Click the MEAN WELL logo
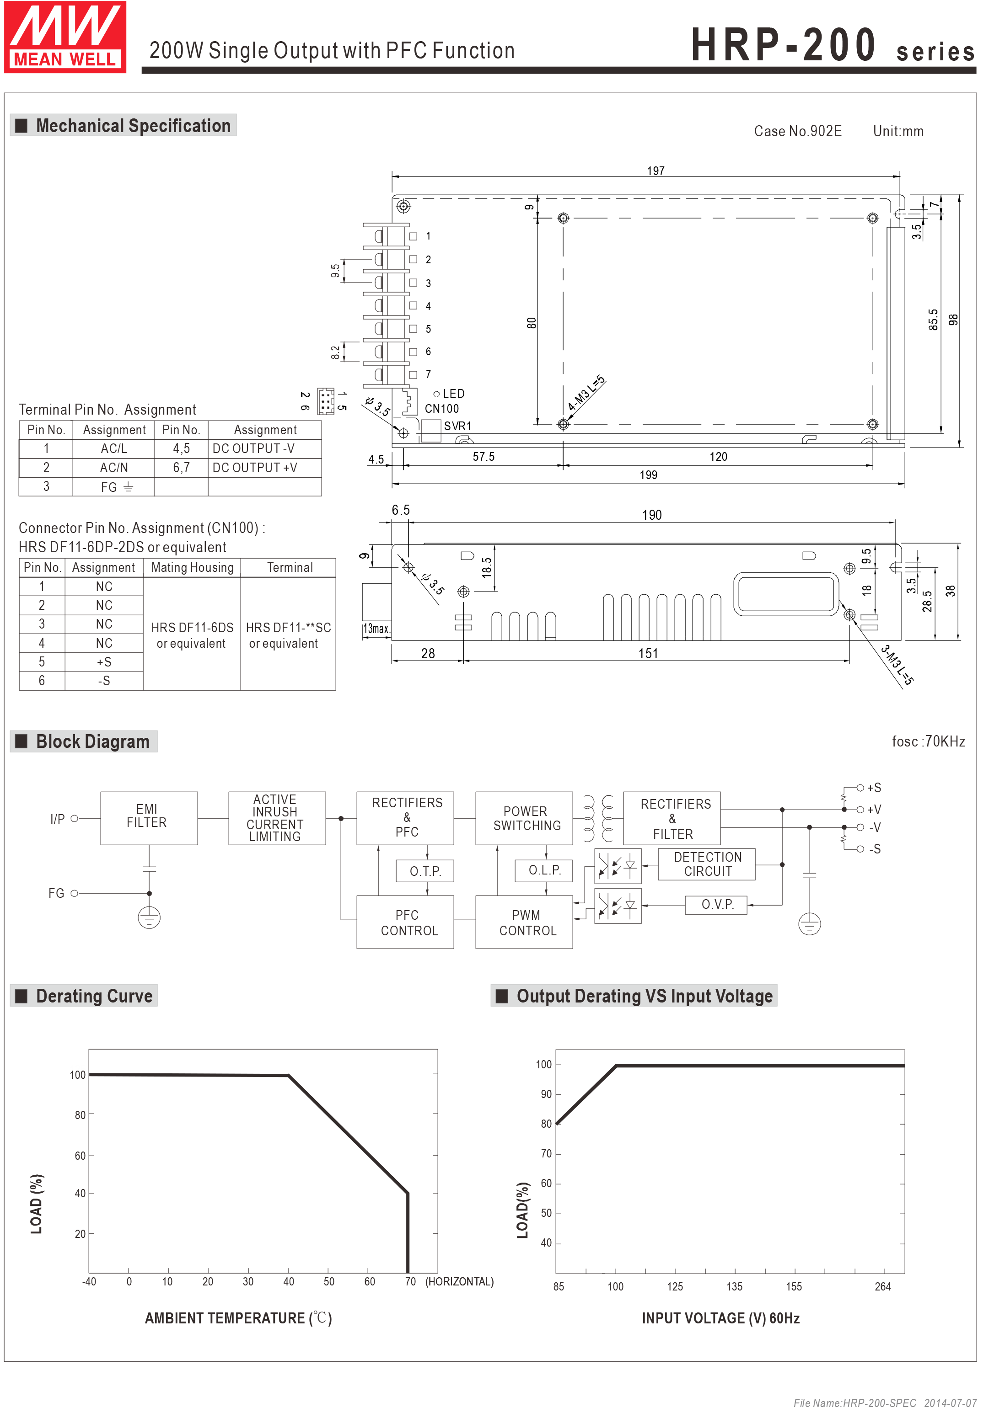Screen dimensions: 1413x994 click(65, 37)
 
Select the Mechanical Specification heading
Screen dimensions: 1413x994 click(123, 126)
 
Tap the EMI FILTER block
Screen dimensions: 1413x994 click(148, 817)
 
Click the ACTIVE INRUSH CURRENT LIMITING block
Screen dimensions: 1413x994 click(277, 818)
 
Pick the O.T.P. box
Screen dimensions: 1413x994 click(425, 871)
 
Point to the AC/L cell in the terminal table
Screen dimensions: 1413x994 click(114, 448)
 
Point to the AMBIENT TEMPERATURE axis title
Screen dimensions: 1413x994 click(239, 1318)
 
